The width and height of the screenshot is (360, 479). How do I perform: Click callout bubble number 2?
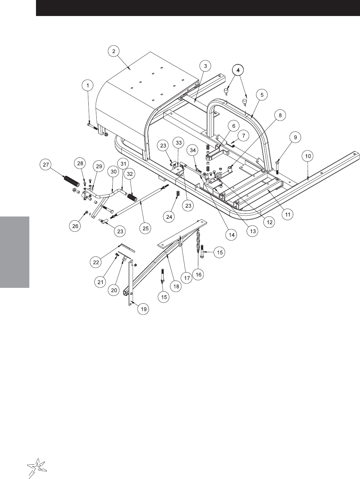point(114,51)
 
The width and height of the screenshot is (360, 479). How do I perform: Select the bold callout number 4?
point(238,70)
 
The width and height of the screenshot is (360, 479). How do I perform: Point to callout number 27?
point(46,164)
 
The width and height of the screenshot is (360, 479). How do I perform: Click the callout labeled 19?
point(143,309)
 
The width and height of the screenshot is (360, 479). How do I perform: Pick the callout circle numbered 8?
point(280,115)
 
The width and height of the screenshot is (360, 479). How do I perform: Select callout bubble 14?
point(231,235)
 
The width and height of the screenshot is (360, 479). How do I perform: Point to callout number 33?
point(179,143)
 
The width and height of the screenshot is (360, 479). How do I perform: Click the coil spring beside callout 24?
point(178,194)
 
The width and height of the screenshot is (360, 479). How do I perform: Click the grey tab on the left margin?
point(15,252)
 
